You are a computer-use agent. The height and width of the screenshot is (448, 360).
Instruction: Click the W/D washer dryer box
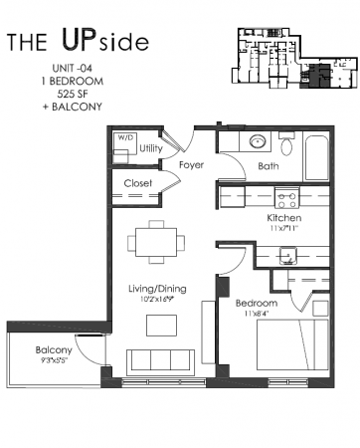click(124, 147)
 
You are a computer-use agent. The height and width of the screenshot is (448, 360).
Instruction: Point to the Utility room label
click(151, 148)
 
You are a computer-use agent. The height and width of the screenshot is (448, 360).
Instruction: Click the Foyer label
click(191, 164)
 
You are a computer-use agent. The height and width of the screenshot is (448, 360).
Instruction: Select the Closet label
click(137, 183)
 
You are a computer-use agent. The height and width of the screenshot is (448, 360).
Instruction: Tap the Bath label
click(268, 166)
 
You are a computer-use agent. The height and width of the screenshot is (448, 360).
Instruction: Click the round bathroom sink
click(256, 142)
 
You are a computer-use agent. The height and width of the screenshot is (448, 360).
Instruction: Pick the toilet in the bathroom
click(285, 146)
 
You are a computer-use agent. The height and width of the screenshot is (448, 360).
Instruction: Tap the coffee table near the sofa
click(159, 325)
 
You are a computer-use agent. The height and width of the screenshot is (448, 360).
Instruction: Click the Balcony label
click(54, 350)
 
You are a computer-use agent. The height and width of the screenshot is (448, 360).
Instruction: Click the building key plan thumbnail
click(288, 54)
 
